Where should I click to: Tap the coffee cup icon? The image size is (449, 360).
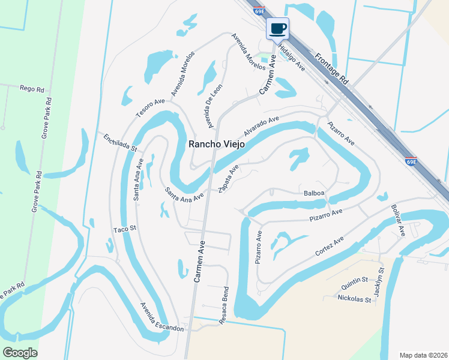[x=277, y=29]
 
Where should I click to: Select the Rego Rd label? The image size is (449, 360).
[x=32, y=89]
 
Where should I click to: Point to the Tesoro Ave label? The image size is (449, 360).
[x=149, y=108]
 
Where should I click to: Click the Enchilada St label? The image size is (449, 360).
[x=119, y=143]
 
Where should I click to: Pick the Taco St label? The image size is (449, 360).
[x=125, y=229]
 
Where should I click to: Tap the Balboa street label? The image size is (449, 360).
[x=314, y=193]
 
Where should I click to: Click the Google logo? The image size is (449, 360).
[x=20, y=353]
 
